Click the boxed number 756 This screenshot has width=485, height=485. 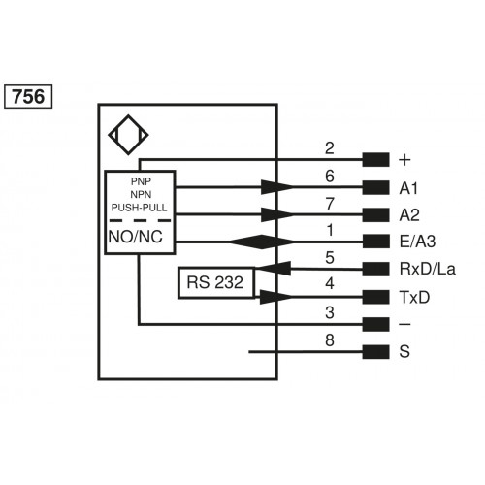pyautogui.click(x=29, y=97)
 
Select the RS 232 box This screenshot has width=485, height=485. pyautogui.click(x=215, y=283)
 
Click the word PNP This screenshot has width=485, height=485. pyautogui.click(x=140, y=182)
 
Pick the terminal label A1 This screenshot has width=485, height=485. pyautogui.click(x=407, y=188)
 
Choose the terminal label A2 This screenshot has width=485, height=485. pyautogui.click(x=407, y=215)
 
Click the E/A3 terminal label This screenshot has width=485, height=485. pyautogui.click(x=415, y=242)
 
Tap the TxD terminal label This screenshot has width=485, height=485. pyautogui.click(x=411, y=297)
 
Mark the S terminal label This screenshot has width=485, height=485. pyautogui.click(x=404, y=351)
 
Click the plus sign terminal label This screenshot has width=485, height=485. pyautogui.click(x=404, y=160)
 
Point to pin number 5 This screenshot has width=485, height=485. pyautogui.click(x=330, y=257)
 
